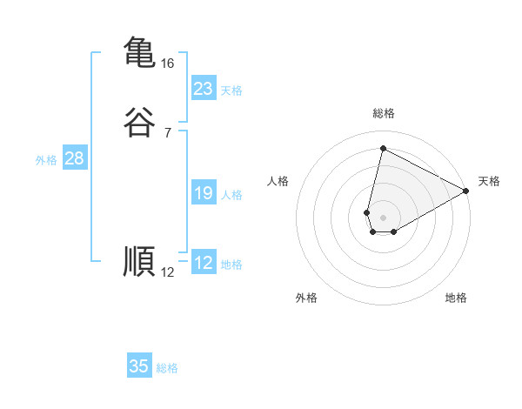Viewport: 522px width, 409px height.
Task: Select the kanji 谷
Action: click(140, 122)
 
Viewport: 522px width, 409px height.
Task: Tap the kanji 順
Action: click(140, 261)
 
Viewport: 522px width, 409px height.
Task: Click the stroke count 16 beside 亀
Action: click(167, 64)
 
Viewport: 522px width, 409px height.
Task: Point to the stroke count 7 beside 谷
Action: click(167, 133)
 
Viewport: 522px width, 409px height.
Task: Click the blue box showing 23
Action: click(203, 89)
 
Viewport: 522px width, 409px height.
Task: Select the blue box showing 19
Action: click(203, 193)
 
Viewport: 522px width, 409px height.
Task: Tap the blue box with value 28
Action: click(74, 158)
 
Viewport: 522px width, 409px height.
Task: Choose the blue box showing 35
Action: click(139, 366)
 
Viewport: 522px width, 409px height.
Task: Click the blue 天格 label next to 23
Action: click(231, 91)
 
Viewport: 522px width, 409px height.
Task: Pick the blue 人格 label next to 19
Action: click(231, 195)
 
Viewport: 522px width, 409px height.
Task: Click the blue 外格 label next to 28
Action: click(46, 160)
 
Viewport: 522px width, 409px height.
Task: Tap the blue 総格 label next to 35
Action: click(167, 368)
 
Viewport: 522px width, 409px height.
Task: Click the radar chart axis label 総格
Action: click(384, 113)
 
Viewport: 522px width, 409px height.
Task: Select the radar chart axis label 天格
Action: click(489, 181)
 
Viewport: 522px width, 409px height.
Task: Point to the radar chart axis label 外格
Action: click(306, 298)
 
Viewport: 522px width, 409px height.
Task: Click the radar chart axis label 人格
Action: click(278, 181)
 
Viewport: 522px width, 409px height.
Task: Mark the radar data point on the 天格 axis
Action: click(466, 191)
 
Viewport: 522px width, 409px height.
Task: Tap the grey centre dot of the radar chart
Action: click(384, 218)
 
